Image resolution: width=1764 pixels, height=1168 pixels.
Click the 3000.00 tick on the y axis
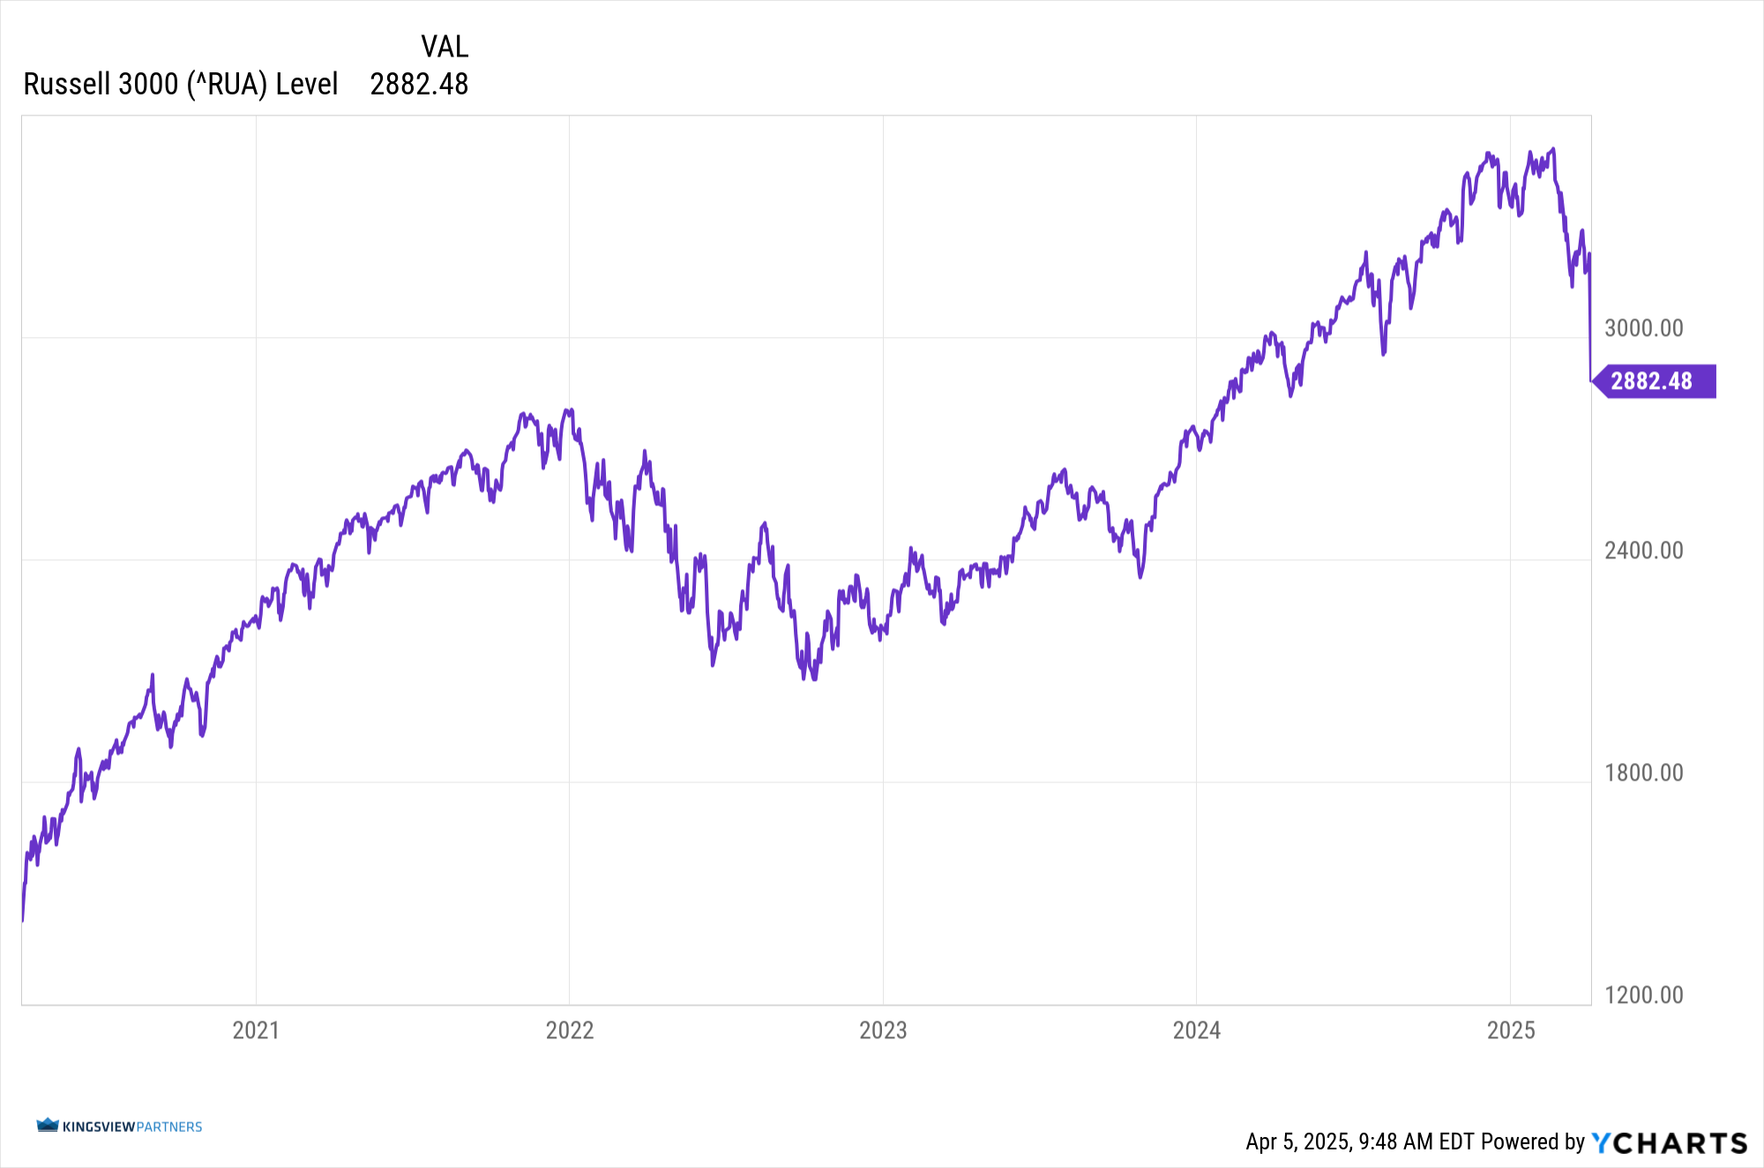tap(1643, 328)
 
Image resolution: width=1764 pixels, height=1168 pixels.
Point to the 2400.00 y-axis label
tap(1643, 550)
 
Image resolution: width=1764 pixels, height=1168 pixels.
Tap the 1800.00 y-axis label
tap(1643, 773)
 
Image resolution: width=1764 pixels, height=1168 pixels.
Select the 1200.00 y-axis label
tap(1643, 995)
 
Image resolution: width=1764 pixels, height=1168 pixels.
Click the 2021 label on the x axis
tap(256, 1030)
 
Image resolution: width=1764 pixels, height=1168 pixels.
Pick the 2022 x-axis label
tap(570, 1030)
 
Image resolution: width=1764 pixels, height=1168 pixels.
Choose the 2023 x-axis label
tap(883, 1030)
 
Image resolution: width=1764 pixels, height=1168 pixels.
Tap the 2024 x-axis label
tap(1197, 1030)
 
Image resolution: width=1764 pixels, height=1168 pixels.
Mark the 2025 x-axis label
tap(1511, 1030)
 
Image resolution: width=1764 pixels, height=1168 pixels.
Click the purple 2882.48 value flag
tap(1652, 381)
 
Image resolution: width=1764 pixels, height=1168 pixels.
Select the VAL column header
tap(445, 46)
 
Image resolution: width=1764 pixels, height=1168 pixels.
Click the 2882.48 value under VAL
tap(419, 84)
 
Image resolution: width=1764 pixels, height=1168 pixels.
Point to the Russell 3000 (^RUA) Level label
tap(181, 84)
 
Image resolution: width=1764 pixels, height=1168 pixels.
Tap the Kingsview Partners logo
tap(119, 1127)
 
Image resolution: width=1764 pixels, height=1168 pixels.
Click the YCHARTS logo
tap(1669, 1142)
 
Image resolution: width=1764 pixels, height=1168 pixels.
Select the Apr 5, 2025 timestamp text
tap(1359, 1142)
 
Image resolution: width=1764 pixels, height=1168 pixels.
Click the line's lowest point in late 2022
tap(813, 678)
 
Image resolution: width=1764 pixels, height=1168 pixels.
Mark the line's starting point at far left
tap(22, 920)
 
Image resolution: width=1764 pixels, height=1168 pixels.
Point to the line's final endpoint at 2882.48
tap(1590, 381)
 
